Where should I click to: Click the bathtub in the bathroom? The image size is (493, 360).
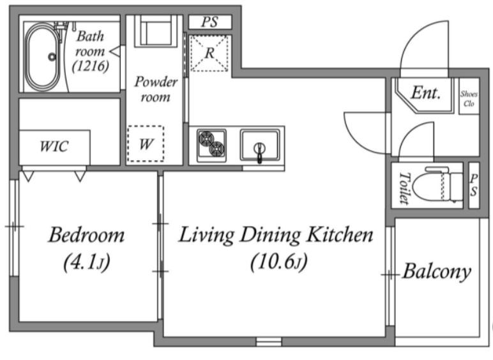tap(42, 57)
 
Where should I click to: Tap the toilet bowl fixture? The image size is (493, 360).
tap(438, 185)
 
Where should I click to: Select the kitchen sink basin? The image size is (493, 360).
tap(260, 146)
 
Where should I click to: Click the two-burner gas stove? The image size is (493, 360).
tap(211, 145)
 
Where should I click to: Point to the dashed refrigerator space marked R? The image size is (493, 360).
tap(209, 53)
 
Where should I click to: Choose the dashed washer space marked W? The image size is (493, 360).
tap(146, 144)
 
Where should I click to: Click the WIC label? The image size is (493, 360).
tap(54, 146)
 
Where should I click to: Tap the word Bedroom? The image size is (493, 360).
tap(86, 235)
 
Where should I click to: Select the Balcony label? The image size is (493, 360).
tap(437, 272)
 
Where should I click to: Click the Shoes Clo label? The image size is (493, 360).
tap(469, 98)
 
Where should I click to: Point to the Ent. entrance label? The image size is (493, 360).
tap(426, 93)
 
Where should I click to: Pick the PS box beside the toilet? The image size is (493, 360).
tap(474, 185)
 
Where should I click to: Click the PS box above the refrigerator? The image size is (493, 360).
tap(210, 22)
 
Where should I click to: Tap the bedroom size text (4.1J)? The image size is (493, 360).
tap(87, 262)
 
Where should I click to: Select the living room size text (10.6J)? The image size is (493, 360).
tap(278, 262)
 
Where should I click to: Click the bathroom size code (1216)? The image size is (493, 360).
tap(91, 66)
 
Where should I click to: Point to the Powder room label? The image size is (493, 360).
tap(156, 89)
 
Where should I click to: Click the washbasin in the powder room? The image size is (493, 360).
tap(156, 31)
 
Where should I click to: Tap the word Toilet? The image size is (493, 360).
tap(405, 188)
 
